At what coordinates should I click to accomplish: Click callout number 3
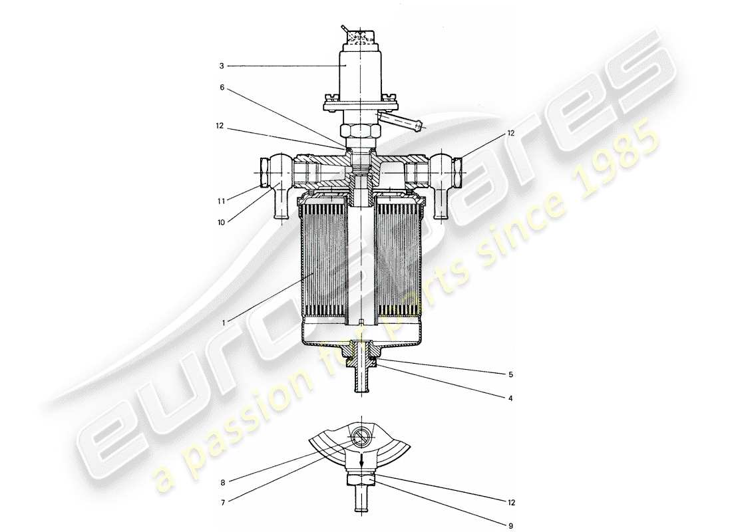click(222, 66)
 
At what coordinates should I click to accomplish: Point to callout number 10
click(222, 222)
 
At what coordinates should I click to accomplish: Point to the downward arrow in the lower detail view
click(361, 460)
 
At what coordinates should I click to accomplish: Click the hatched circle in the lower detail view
click(359, 438)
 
